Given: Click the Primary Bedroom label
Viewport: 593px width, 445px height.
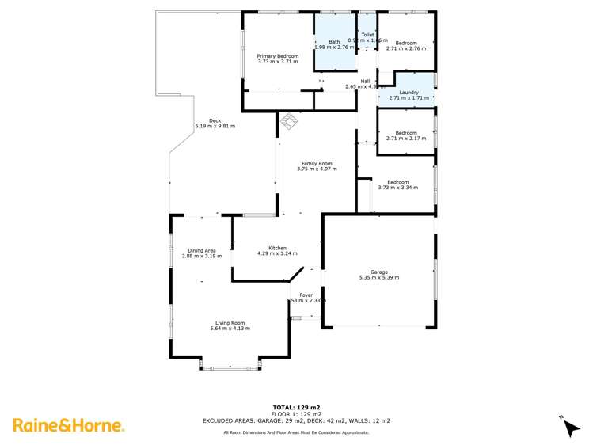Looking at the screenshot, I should point(278,56).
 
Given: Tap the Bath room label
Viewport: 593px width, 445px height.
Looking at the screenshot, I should point(335,42).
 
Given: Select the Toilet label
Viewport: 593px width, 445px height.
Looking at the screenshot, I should point(367,36).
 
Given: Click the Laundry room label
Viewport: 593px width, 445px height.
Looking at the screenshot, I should point(409,93).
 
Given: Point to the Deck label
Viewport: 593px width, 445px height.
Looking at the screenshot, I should point(215,120).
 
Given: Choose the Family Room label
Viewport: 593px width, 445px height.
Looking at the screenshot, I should point(314,164).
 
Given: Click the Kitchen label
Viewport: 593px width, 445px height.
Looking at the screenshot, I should point(277,249).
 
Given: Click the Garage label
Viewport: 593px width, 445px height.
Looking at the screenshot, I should point(379,272).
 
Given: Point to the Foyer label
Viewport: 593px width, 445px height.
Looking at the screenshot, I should point(306,295).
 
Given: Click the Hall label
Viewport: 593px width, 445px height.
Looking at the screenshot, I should point(365,81).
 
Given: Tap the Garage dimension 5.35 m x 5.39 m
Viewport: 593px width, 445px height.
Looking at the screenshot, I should point(379,278).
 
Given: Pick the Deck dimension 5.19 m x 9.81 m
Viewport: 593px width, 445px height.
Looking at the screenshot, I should point(215,127).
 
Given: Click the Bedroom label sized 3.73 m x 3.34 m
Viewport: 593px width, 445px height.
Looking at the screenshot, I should point(397,182).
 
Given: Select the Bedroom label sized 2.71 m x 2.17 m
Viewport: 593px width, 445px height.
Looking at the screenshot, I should point(406,132).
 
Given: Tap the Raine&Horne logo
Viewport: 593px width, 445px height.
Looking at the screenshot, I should point(69,425).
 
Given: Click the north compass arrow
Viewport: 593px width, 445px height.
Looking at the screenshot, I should point(570,428).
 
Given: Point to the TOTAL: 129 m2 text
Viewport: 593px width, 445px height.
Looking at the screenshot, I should point(296,407).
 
